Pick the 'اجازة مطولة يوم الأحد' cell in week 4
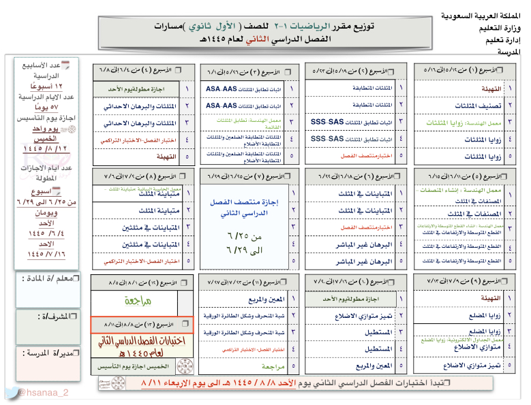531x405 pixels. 138,89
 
